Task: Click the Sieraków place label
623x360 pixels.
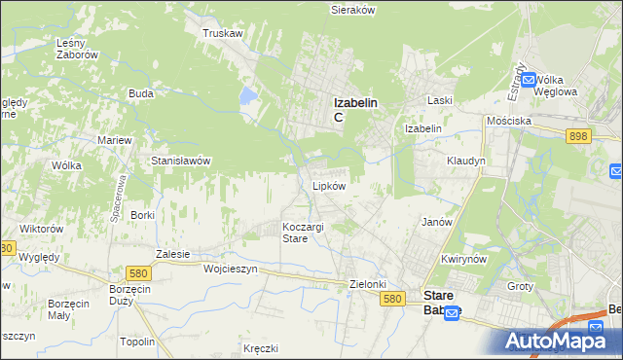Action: coord(353,9)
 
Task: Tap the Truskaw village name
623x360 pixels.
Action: coord(222,32)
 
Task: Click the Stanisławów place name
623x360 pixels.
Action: coord(181,161)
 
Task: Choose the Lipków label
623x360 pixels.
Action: coord(329,185)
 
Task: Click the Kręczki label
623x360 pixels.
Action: coord(261,347)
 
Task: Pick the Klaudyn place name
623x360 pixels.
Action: coord(465,161)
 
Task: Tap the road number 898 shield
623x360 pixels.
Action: coord(577,137)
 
